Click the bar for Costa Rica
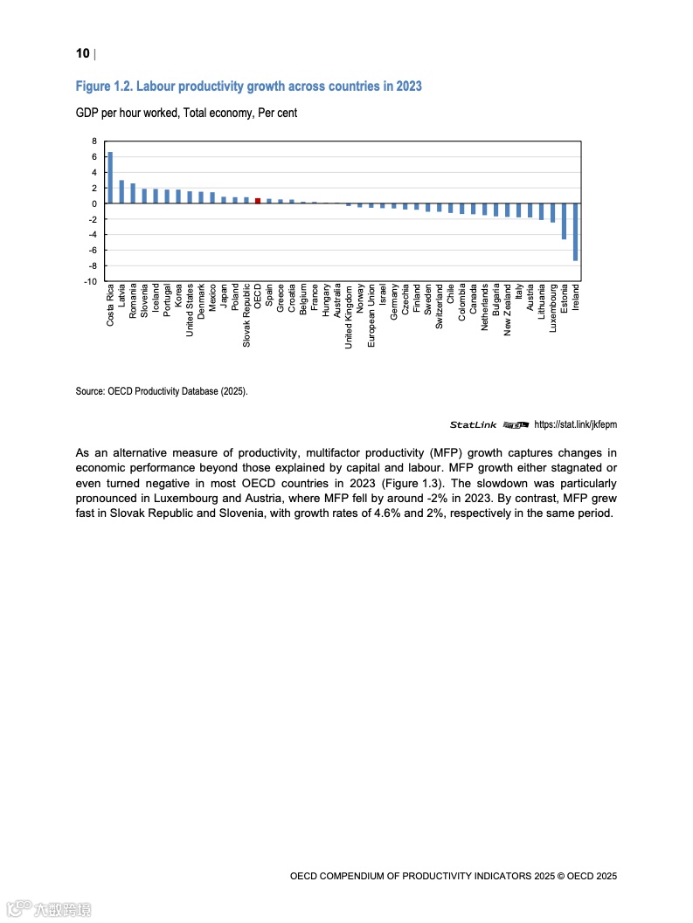pos(110,177)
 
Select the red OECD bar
pos(258,200)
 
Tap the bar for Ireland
pos(576,231)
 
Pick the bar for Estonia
pos(565,221)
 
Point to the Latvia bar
pos(121,191)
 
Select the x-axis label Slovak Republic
pos(246,315)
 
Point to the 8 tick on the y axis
pos(94,141)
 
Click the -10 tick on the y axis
pos(91,281)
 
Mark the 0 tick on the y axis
pos(94,203)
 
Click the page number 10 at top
pos(83,54)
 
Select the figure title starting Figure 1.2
pos(249,86)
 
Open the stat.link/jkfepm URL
pos(575,425)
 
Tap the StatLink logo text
pos(473,425)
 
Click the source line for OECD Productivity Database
pos(162,392)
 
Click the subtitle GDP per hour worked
pos(186,114)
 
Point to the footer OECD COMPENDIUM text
pos(454,874)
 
